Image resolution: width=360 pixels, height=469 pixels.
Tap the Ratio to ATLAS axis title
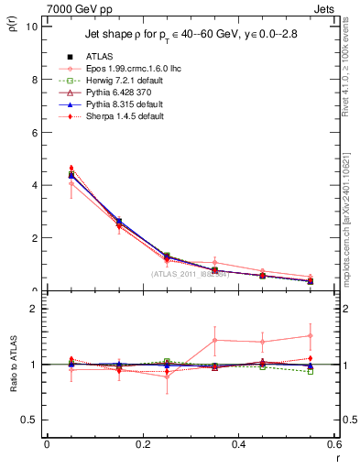[x=13, y=376]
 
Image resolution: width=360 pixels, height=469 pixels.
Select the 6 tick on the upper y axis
[x=35, y=132]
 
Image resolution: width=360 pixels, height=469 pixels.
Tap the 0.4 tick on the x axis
[x=240, y=444]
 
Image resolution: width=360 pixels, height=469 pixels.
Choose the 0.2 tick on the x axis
[x=143, y=444]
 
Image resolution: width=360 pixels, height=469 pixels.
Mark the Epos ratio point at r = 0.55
[x=311, y=335]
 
